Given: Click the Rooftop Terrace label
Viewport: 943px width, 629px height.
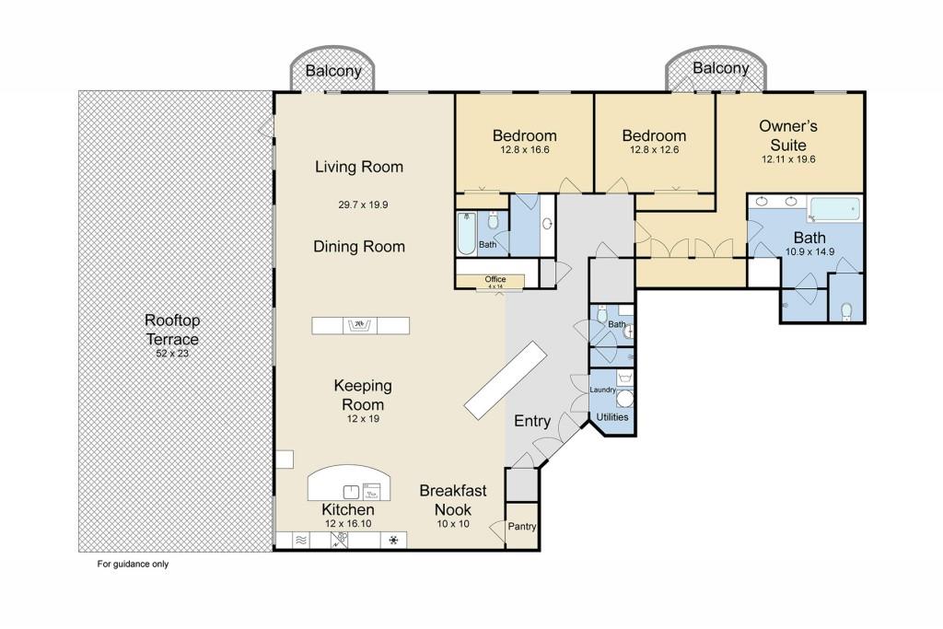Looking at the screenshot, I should click(x=171, y=329).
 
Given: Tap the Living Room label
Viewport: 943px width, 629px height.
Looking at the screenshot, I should click(x=359, y=167).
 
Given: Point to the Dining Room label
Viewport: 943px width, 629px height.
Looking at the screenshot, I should click(x=359, y=246).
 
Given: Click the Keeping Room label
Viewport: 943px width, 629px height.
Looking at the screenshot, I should click(x=363, y=394).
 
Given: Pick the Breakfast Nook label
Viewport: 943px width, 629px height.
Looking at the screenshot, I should click(x=453, y=500).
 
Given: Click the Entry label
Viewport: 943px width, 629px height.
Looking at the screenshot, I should click(x=532, y=421).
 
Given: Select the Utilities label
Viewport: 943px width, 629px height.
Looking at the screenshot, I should click(x=612, y=417).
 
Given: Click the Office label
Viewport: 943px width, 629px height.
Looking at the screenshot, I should click(x=495, y=279).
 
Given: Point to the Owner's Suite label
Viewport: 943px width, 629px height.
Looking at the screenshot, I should click(x=787, y=135).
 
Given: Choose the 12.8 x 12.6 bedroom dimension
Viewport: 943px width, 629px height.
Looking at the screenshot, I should click(x=658, y=150).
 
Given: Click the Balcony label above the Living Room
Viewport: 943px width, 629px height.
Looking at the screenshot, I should click(x=333, y=71).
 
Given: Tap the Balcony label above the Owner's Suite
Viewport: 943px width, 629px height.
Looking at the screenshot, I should click(x=720, y=68).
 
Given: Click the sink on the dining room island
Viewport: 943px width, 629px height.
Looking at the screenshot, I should click(x=359, y=325).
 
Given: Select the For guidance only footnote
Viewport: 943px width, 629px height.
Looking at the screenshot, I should click(x=134, y=565).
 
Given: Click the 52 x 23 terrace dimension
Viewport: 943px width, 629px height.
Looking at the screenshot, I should click(x=171, y=353).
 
